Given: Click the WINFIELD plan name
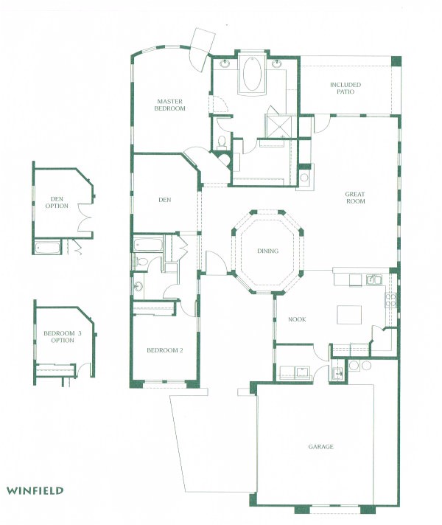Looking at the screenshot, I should click(35, 490).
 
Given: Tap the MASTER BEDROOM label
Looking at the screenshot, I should click(169, 105).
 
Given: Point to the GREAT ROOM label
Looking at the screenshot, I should click(355, 198).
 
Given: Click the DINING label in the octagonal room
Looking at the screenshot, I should click(267, 251).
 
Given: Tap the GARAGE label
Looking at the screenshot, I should click(321, 447).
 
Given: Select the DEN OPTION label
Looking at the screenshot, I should click(57, 202).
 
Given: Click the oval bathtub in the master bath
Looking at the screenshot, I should click(252, 77).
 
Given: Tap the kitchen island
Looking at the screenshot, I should click(350, 315).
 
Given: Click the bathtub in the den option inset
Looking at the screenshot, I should click(49, 247).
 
